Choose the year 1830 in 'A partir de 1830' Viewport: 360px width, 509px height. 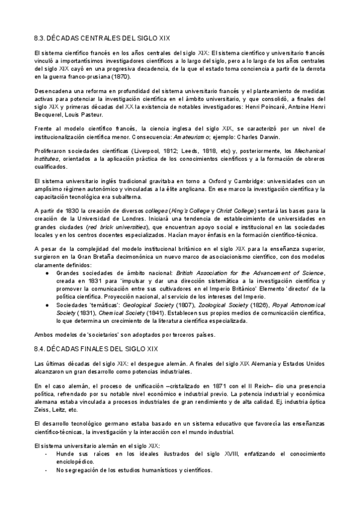[70, 211]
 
